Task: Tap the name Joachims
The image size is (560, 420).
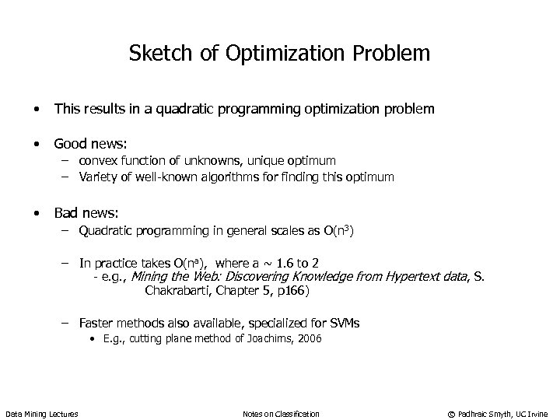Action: pos(266,338)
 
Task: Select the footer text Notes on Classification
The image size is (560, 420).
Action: pos(281,413)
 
